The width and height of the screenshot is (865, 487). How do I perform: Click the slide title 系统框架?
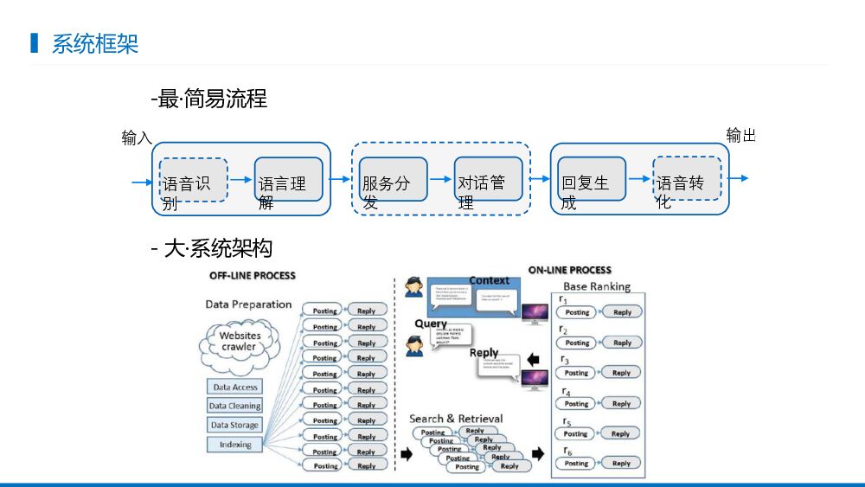pos(95,43)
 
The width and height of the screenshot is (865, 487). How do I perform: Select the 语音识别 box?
pos(193,180)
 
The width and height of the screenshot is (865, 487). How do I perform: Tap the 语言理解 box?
pos(288,180)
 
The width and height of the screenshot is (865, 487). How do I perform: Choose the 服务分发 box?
pos(394,180)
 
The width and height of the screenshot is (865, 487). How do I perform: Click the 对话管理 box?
pos(489,180)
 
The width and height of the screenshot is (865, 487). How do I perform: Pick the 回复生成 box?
pos(592,180)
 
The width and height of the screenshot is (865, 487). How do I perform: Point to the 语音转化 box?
pos(687,179)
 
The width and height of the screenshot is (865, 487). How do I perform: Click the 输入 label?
pos(137,138)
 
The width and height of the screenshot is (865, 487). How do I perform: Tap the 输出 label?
pos(740,135)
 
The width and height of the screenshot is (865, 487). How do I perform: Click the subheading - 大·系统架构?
pos(211,248)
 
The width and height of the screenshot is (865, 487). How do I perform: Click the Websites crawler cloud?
pos(240,342)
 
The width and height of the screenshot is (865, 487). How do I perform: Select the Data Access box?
pos(234,388)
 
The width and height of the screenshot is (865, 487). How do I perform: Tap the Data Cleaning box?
pos(234,406)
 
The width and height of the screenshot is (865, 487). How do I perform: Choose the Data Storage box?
pos(234,425)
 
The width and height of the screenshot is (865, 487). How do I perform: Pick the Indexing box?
pos(234,445)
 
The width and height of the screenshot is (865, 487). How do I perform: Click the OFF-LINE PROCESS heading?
pos(252,276)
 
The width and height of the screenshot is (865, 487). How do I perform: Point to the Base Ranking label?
pos(597,286)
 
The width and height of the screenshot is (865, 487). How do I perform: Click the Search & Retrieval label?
pos(456,419)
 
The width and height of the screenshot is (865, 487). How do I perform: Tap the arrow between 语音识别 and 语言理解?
pos(240,180)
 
